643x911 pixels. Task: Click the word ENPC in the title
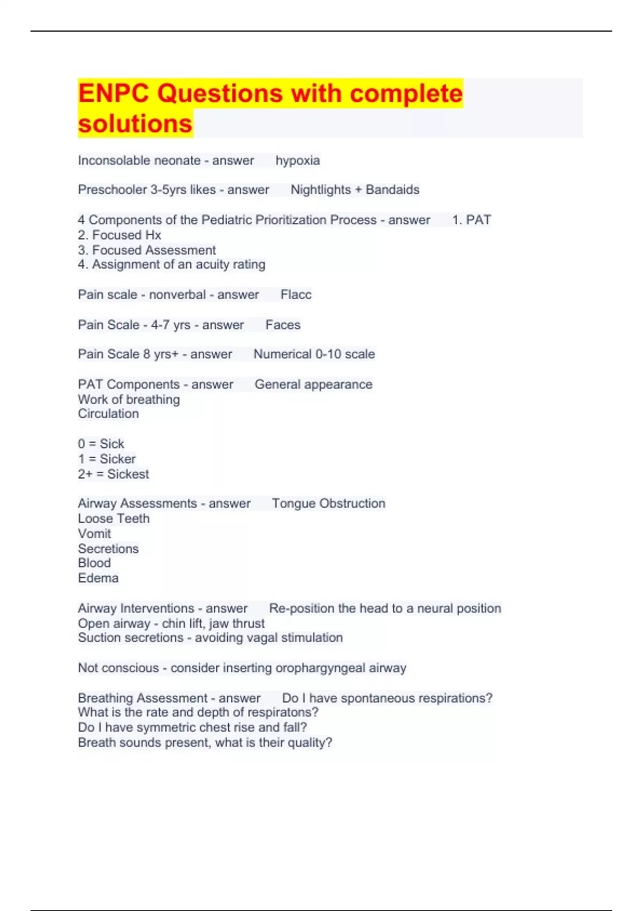click(113, 93)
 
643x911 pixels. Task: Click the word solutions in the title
click(135, 123)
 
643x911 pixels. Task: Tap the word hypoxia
click(297, 160)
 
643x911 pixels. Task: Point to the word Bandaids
click(392, 190)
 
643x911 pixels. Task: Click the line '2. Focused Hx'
click(119, 235)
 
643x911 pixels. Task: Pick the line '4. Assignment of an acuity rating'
click(171, 264)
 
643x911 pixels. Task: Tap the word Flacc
click(296, 294)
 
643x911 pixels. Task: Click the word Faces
click(283, 325)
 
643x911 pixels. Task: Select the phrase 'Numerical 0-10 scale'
click(314, 354)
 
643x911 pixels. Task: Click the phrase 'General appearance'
click(313, 384)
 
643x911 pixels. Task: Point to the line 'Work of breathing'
click(129, 399)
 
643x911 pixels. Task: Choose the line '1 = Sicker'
click(107, 459)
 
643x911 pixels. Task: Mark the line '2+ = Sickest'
click(113, 474)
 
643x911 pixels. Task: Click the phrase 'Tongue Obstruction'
click(328, 503)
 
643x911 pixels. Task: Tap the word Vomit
click(94, 533)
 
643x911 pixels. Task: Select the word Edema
click(98, 578)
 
